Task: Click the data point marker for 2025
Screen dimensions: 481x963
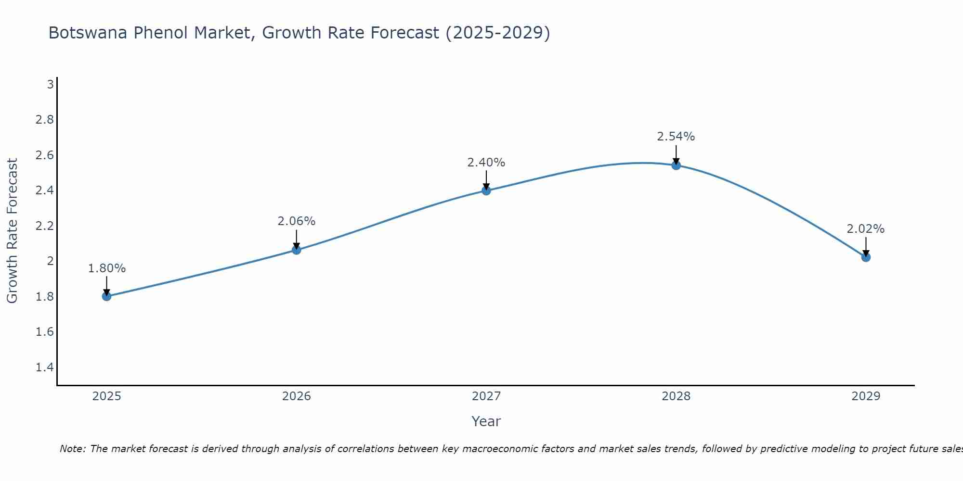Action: coord(107,296)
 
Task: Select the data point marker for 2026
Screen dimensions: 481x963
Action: coord(297,250)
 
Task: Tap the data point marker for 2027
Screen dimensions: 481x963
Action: coord(486,190)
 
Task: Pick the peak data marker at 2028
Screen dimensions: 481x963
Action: coord(676,165)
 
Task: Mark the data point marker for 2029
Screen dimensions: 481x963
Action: coord(866,257)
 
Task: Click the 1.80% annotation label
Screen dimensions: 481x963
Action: coord(107,268)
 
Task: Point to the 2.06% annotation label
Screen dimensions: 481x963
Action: coord(297,221)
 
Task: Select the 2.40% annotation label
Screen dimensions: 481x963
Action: coord(486,163)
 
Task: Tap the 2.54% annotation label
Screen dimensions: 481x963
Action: coord(676,137)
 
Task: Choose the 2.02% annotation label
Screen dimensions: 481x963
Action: coord(866,229)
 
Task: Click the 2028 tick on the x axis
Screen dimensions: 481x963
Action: coord(676,396)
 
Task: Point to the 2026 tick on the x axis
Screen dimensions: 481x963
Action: coord(297,396)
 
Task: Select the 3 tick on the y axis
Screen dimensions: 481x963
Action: coord(50,85)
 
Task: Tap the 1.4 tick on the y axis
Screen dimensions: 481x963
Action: coord(45,367)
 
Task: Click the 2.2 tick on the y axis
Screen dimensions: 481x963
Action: coord(45,226)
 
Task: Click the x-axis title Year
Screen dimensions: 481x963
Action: coord(486,421)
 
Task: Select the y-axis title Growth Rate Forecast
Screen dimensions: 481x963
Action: coord(13,231)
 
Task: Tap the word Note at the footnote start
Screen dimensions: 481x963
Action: coord(72,449)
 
